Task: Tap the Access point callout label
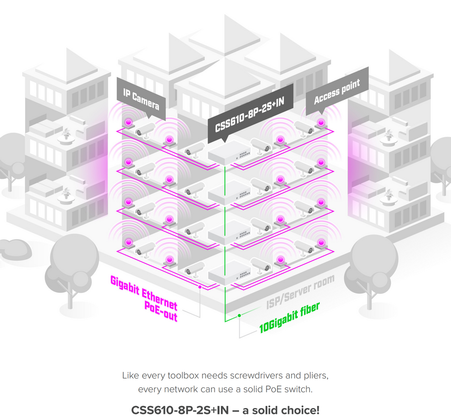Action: [337, 91]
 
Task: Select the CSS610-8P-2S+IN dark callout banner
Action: [250, 114]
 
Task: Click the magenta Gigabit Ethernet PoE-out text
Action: [144, 298]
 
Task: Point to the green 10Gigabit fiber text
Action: [289, 317]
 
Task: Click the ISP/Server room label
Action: [300, 292]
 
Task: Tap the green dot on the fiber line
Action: [240, 316]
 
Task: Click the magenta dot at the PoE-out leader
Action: [200, 287]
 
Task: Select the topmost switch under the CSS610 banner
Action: [229, 152]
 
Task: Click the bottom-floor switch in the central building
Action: [229, 272]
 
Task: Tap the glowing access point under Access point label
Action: [321, 123]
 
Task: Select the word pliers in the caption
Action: [316, 376]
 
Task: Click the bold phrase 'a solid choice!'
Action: [281, 410]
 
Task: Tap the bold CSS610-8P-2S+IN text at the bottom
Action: [180, 410]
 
